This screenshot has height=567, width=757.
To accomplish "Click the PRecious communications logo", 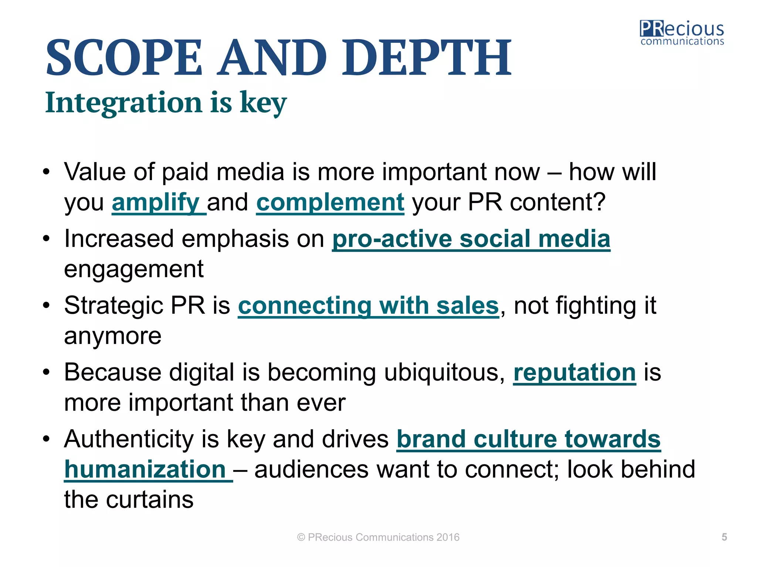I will coord(682,33).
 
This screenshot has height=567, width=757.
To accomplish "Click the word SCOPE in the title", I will coord(124,58).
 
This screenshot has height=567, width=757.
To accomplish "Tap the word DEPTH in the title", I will coord(427,58).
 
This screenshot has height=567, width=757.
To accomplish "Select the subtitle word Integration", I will coord(123,102).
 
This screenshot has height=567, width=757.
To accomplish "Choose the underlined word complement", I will coord(330,203).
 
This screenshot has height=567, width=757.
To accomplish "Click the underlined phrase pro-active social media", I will coord(471,239).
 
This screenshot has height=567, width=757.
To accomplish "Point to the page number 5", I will coord(724,537).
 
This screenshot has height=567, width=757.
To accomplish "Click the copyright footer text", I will coord(378,537).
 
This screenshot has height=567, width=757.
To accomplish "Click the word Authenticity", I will coord(129,439).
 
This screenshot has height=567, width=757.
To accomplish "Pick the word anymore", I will coord(113,336).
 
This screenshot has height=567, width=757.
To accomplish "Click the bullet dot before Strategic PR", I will coord(46,306).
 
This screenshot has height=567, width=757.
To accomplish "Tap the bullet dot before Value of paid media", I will coord(46,172).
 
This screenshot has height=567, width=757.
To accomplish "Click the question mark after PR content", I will coord(599,203).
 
